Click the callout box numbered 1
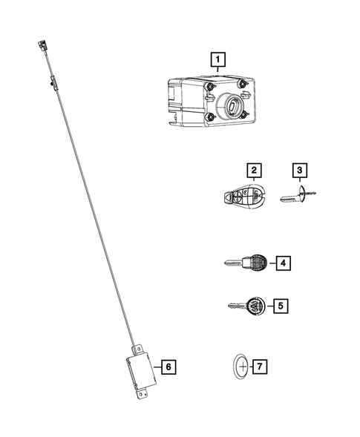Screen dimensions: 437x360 [x=217, y=57]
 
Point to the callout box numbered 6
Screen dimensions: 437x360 [x=168, y=366]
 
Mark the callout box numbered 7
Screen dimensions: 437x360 [x=259, y=367]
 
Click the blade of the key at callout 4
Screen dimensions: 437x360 [x=234, y=263]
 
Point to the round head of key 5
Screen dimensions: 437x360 [x=255, y=305]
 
